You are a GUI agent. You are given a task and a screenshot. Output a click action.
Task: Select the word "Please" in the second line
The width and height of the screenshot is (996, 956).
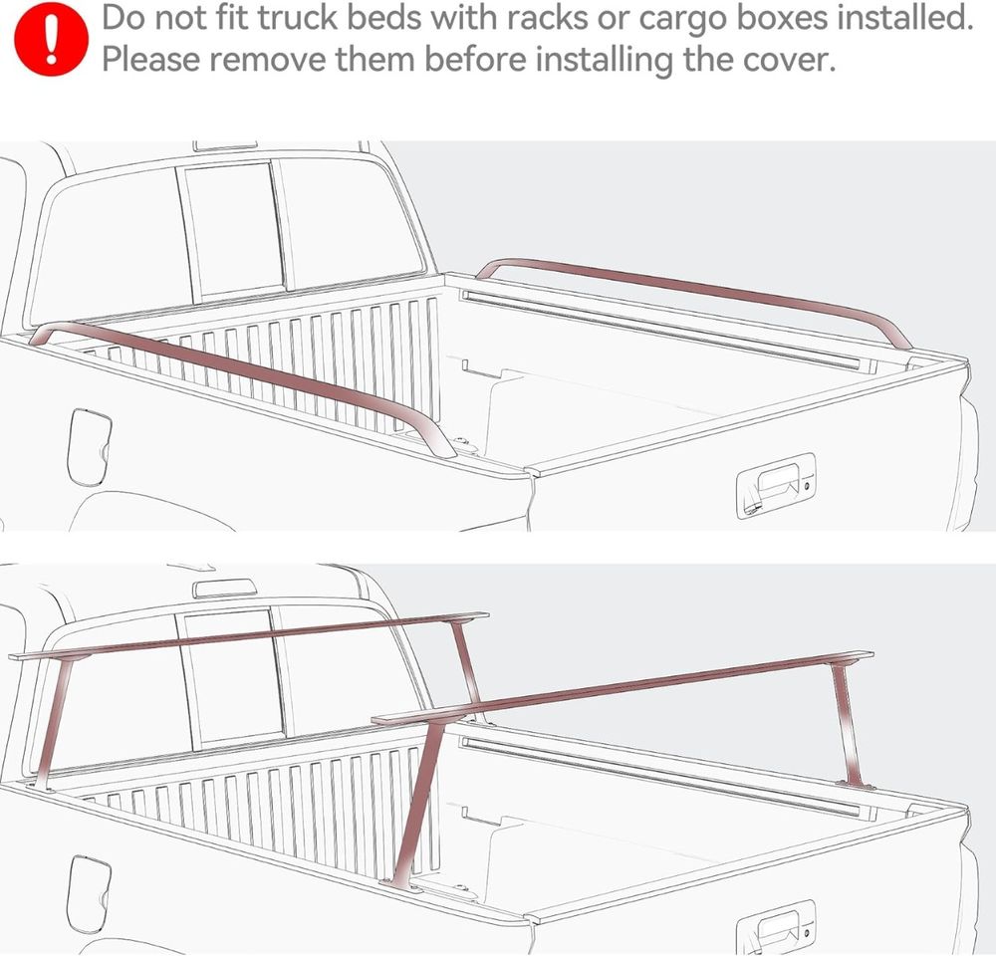point(151,59)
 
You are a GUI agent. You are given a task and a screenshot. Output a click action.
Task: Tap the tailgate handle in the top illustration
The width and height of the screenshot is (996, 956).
point(776,486)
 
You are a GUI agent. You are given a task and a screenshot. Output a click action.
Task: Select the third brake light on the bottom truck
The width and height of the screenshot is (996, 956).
point(226,589)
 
